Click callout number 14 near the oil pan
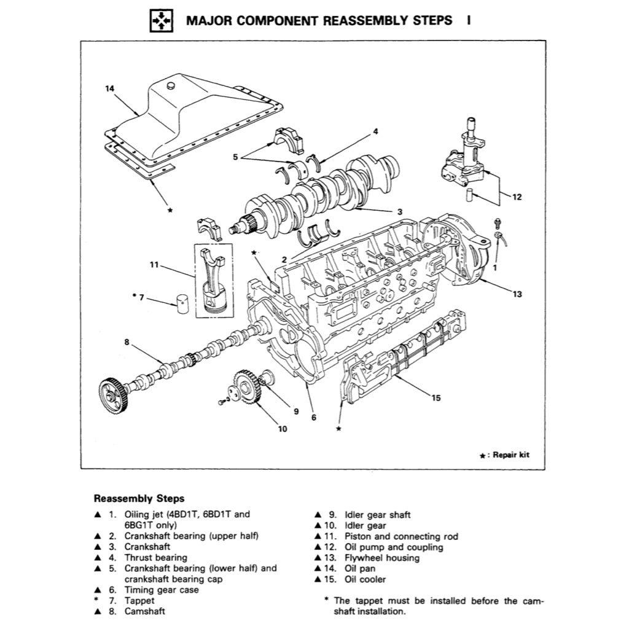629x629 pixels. pos(110,88)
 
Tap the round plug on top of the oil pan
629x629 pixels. pos(171,82)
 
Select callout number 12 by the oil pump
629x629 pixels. pos(517,197)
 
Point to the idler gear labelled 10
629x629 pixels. pos(248,386)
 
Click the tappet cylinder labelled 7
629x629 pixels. pos(182,303)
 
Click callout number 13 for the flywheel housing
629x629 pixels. pos(517,294)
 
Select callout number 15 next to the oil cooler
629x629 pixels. pos(436,397)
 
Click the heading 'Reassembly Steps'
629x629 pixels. pos(138,499)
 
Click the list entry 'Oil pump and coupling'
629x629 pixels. pos(393,547)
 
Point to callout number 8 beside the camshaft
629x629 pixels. pos(127,342)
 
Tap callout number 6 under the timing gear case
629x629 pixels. pos(314,417)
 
